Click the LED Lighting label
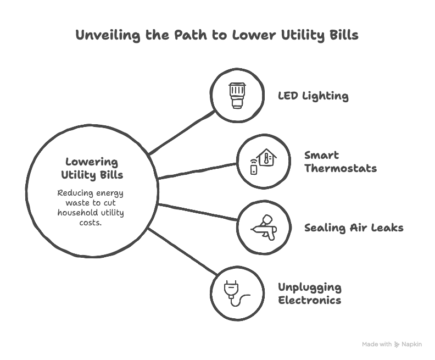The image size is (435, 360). pos(313,96)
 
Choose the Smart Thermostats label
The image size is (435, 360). pos(341,162)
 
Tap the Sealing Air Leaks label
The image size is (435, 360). pos(354,228)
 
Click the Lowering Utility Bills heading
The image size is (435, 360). pos(92,169)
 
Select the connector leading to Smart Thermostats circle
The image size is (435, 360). pos(198,170)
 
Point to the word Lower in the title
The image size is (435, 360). pos(254,36)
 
